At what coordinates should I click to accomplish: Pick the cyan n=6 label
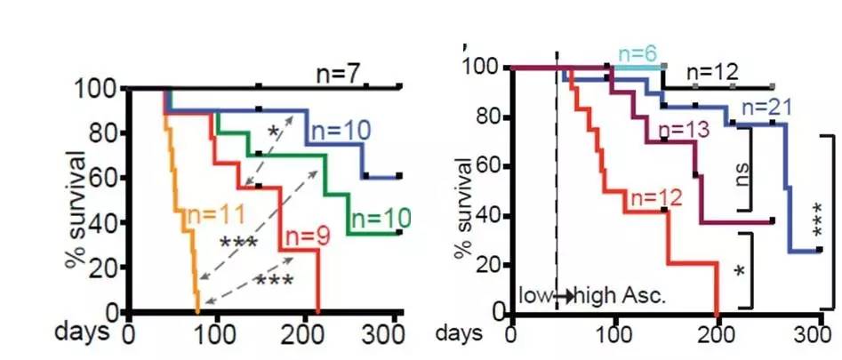[x=636, y=54]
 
